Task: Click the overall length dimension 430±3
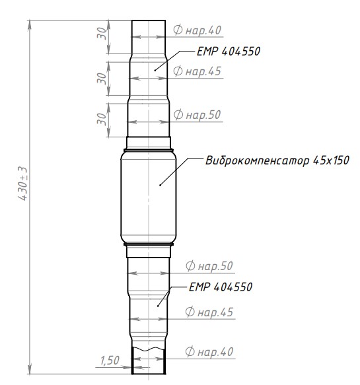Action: (x=22, y=184)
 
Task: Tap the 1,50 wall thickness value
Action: (x=110, y=361)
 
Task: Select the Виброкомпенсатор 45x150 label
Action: (x=277, y=160)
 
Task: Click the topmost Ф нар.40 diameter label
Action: (x=198, y=30)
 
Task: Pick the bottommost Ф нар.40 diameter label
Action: (x=209, y=351)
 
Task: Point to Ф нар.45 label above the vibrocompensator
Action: (x=198, y=71)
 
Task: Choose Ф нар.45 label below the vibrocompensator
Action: (x=209, y=312)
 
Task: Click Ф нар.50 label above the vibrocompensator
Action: (x=198, y=115)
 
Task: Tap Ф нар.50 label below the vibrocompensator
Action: (x=209, y=266)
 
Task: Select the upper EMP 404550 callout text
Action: (x=229, y=52)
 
